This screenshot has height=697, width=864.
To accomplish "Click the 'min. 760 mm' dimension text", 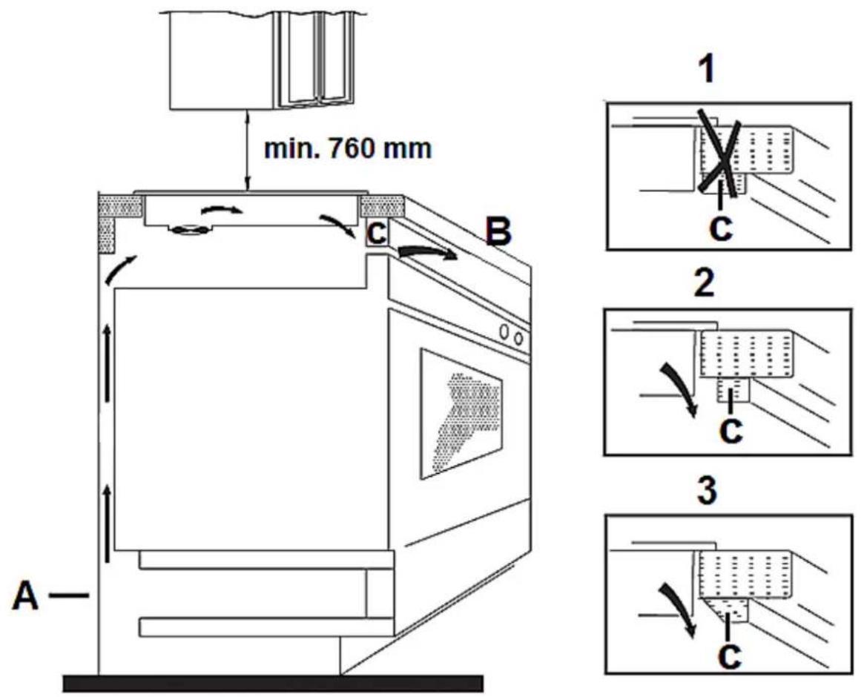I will [346, 149].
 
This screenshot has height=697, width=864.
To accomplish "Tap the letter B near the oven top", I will [498, 232].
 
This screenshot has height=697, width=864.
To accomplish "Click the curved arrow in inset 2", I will [682, 388].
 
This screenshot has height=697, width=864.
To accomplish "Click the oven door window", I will [461, 414].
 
